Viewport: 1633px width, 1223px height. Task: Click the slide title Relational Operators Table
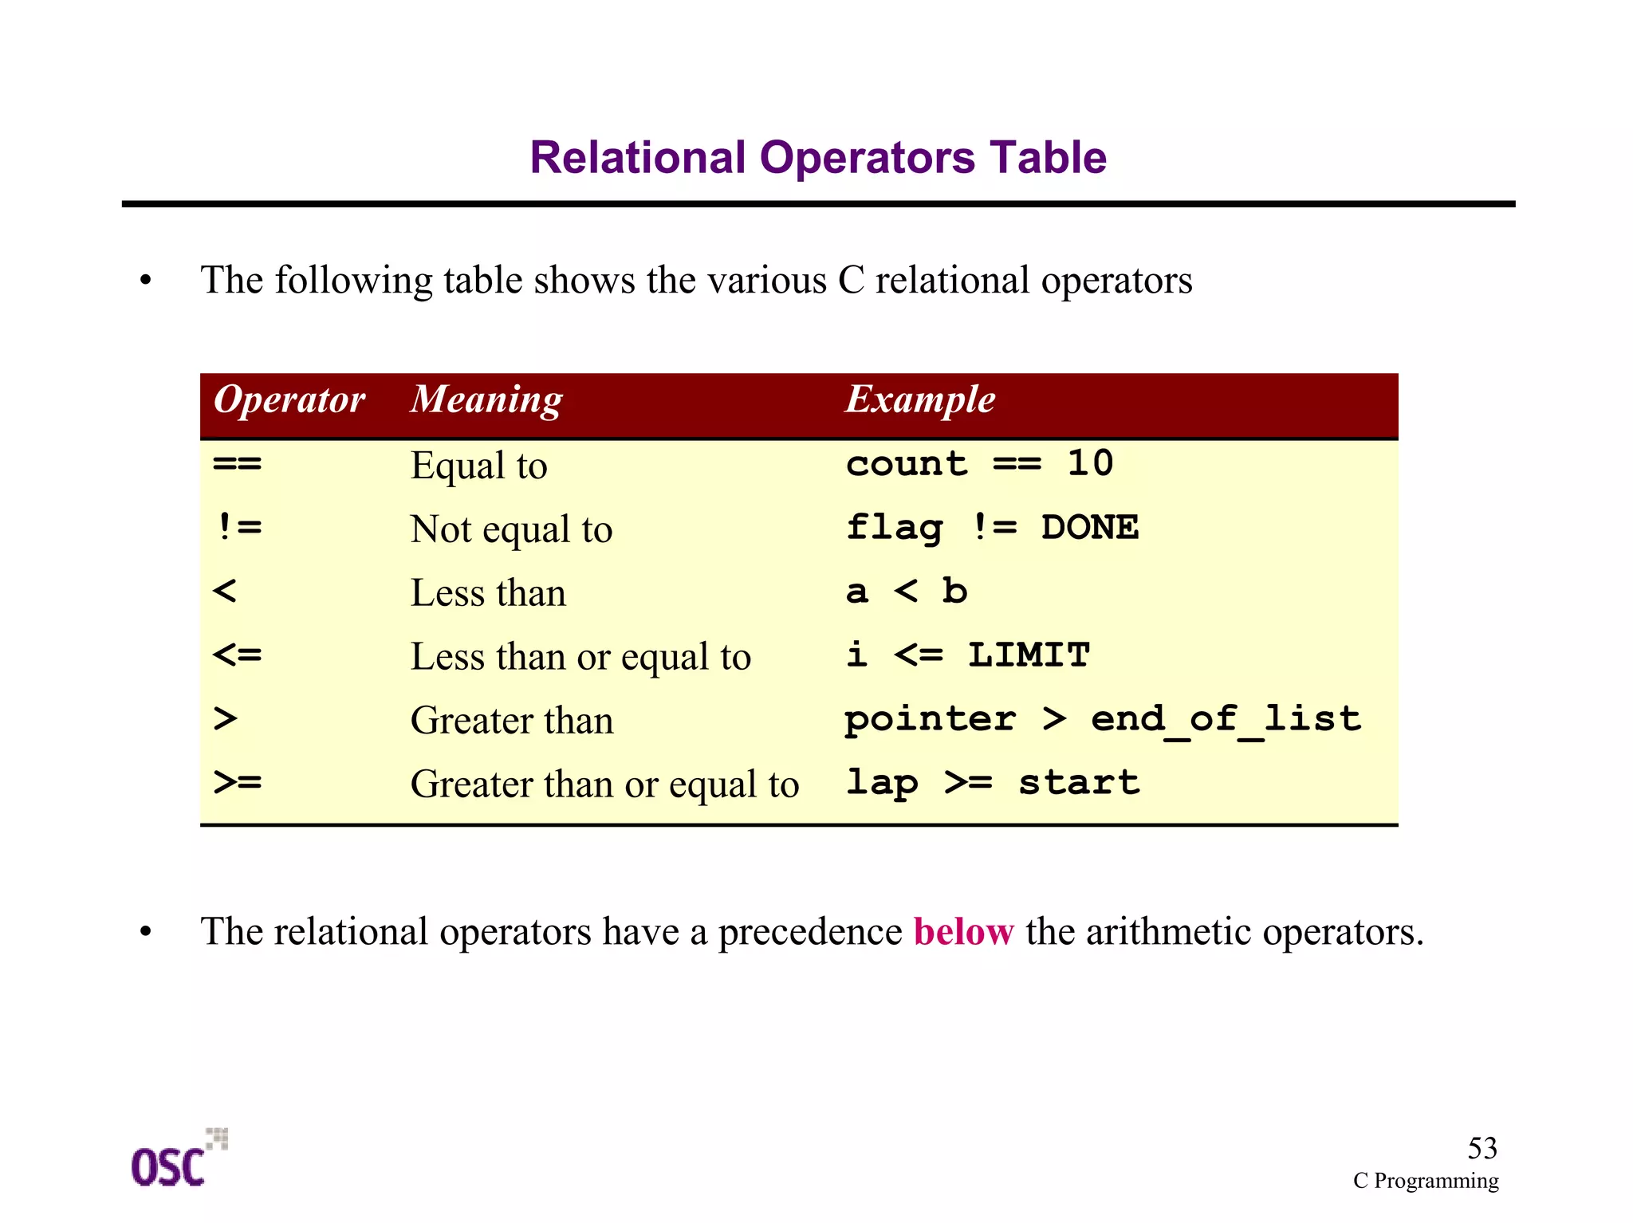[x=818, y=157]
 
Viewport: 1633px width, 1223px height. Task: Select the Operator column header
[x=289, y=399]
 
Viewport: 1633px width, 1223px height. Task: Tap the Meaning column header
[x=486, y=399]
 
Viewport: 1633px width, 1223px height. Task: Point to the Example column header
[x=920, y=399]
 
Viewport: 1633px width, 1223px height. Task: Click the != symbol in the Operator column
[x=238, y=527]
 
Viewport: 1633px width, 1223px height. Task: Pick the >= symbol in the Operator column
[x=238, y=782]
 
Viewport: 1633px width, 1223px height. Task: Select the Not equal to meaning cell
[x=511, y=529]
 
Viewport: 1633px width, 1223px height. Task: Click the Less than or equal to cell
[x=580, y=657]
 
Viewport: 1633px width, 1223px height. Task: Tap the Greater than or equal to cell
[x=604, y=785]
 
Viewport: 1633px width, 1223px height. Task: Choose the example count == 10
[x=979, y=464]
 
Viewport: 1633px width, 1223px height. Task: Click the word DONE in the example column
[x=1090, y=528]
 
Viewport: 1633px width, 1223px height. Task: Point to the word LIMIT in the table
[x=1029, y=655]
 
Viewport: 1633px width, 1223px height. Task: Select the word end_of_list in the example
[x=1226, y=720]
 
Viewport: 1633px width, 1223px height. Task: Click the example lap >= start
[x=993, y=783]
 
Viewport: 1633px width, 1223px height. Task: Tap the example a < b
[x=907, y=592]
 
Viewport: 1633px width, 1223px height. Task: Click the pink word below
[x=963, y=931]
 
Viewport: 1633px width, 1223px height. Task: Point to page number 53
[x=1482, y=1148]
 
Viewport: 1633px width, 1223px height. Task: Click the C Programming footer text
[x=1426, y=1181]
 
